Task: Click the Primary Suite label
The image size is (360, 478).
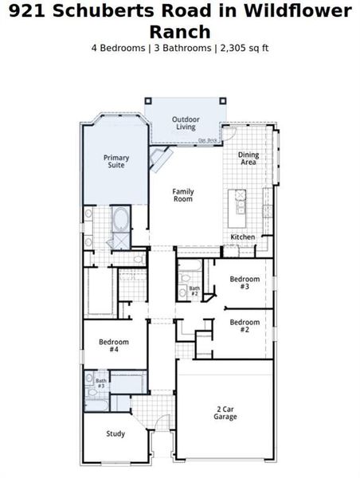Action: [x=116, y=162]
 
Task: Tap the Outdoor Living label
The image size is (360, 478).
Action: [x=185, y=123]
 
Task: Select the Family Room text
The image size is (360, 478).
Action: [x=183, y=195]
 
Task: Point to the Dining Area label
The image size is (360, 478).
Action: [x=248, y=159]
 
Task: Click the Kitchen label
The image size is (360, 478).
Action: [x=242, y=237]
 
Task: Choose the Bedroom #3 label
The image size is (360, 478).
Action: [x=245, y=283]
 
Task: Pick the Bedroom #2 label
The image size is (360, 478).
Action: [x=245, y=325]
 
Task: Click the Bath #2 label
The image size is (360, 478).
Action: [x=194, y=291]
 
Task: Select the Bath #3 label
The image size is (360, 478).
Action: [x=101, y=384]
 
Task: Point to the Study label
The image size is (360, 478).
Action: [x=115, y=433]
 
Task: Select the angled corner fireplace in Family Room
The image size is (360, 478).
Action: [x=162, y=160]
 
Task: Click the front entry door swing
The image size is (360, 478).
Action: [x=162, y=426]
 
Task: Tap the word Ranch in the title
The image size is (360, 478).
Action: [x=180, y=32]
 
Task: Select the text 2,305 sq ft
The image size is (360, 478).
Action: [x=243, y=48]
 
